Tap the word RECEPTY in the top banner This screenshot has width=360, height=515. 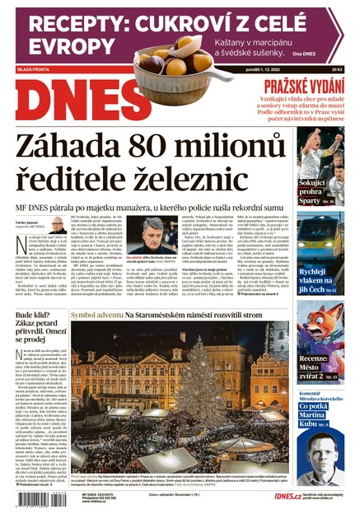point(67,23)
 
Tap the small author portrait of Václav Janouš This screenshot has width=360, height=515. point(58,225)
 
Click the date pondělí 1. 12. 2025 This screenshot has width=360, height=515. point(280,68)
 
